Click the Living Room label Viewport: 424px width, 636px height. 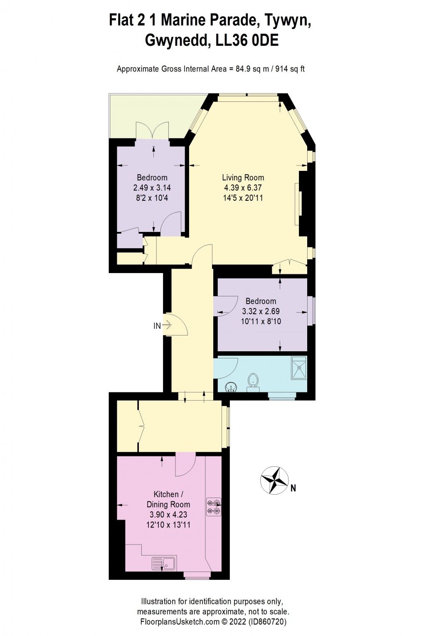click(x=243, y=177)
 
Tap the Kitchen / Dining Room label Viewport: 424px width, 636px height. click(x=168, y=499)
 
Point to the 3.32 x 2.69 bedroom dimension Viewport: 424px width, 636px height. click(x=261, y=311)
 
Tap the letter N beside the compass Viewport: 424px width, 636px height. click(x=293, y=488)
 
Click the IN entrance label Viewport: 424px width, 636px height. click(x=157, y=326)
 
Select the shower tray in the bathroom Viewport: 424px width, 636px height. click(x=299, y=367)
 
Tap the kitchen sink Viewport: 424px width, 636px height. click(x=164, y=564)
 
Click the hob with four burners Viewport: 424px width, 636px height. click(x=214, y=507)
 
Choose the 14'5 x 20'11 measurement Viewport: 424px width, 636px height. click(x=243, y=198)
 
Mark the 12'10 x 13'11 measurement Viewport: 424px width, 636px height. click(x=168, y=525)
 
